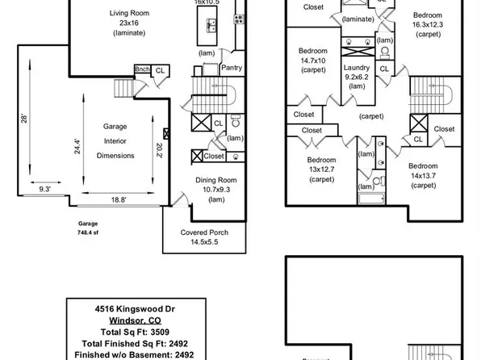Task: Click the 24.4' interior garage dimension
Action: (x=78, y=146)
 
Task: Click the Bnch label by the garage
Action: (x=142, y=69)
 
